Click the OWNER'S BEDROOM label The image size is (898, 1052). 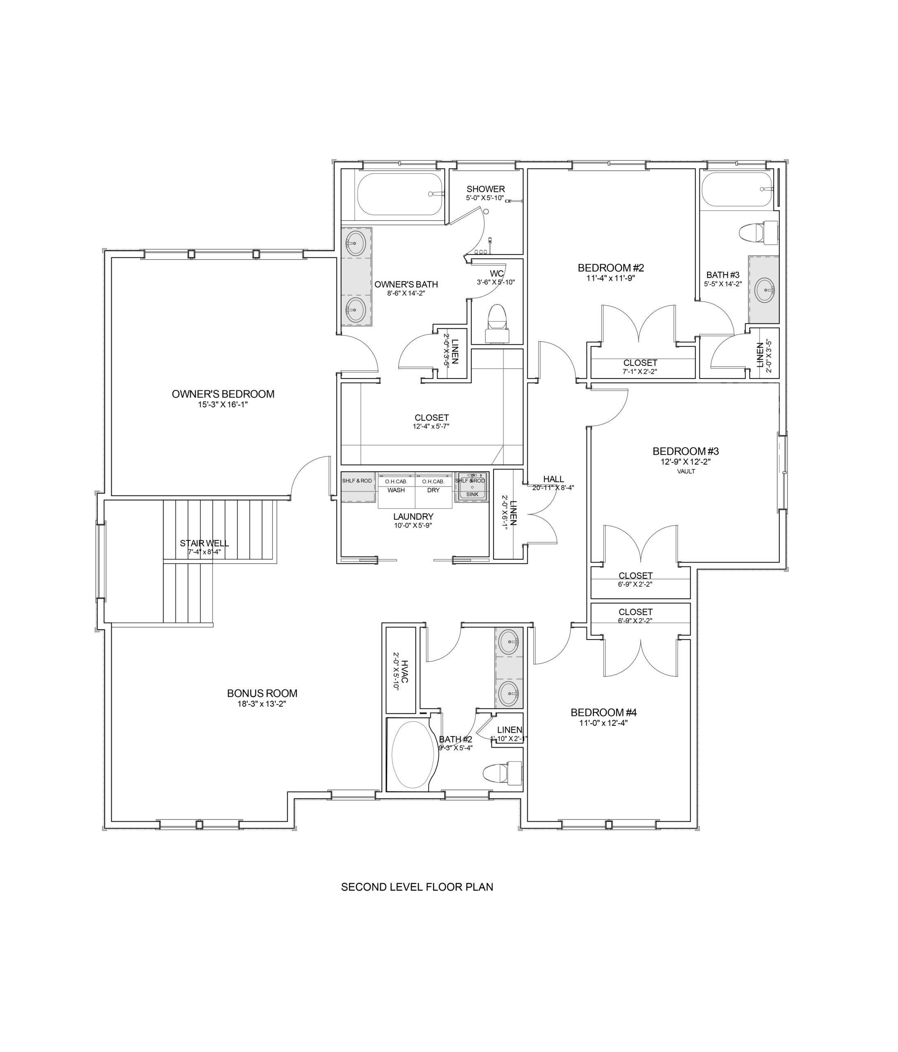click(x=223, y=394)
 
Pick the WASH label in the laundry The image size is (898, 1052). click(x=396, y=490)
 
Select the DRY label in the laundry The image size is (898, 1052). click(x=433, y=490)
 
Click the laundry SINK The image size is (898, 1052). click(x=472, y=487)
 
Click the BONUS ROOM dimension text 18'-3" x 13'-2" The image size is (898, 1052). click(x=262, y=704)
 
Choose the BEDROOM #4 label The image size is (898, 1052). click(x=603, y=712)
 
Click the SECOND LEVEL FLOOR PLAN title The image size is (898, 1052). click(x=417, y=886)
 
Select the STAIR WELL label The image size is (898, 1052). click(x=204, y=543)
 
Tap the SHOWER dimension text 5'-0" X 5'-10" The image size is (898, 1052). click(x=485, y=198)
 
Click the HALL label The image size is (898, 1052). click(x=554, y=479)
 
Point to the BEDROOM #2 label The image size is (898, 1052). click(x=611, y=268)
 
